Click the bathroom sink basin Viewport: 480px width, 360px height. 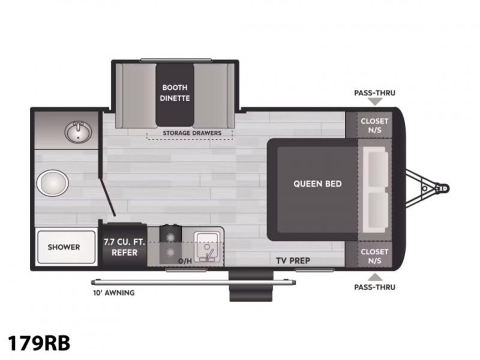tap(79, 132)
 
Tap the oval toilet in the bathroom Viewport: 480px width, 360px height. tap(52, 183)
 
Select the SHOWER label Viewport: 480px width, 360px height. tap(64, 247)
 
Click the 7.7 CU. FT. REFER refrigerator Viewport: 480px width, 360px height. tap(124, 245)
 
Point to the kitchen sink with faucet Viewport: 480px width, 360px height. tap(207, 247)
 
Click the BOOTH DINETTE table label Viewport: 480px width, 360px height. tap(175, 93)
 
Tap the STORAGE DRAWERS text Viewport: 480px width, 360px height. tap(192, 133)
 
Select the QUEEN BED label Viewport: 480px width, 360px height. tap(317, 184)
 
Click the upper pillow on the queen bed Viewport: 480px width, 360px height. tap(378, 169)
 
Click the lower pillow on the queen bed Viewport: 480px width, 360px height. tap(378, 211)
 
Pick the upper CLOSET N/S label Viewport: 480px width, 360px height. tap(374, 125)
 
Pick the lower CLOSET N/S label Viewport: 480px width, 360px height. tap(374, 256)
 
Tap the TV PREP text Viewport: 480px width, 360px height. tap(293, 260)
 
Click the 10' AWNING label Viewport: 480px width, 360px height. tap(114, 293)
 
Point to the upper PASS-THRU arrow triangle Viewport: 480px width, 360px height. tap(374, 101)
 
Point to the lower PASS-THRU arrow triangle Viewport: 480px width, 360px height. tap(374, 277)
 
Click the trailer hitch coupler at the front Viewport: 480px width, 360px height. tap(443, 188)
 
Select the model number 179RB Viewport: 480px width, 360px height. tap(39, 343)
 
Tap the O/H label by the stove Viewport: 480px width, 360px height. tap(185, 261)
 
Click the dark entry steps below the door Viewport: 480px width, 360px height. tap(251, 286)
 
